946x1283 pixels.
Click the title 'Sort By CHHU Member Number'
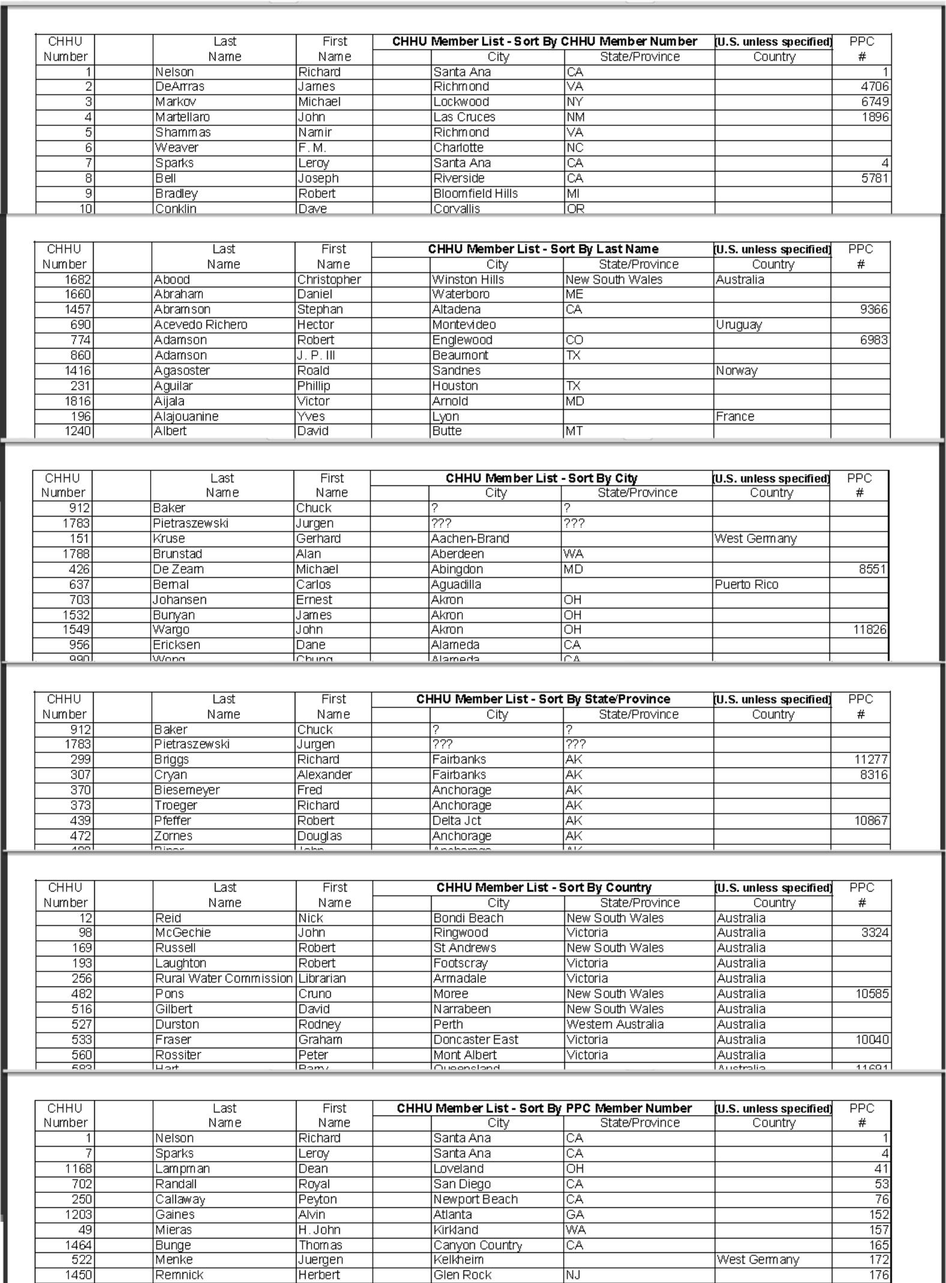[544, 41]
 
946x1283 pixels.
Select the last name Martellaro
[182, 117]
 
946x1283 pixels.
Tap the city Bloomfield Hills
[475, 193]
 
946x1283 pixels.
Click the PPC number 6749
[875, 102]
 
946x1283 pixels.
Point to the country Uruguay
[739, 325]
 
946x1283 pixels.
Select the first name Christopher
[329, 280]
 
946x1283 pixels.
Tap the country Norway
[737, 371]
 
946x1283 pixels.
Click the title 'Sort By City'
[541, 478]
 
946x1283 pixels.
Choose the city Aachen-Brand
[470, 538]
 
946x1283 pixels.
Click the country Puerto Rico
[746, 584]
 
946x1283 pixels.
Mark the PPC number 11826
[869, 629]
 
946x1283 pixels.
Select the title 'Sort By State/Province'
[543, 699]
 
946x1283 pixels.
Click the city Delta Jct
[457, 820]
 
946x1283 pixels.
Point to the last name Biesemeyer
[187, 790]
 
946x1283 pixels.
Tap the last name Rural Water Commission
[224, 978]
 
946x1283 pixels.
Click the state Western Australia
[615, 1024]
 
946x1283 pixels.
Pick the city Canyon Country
[478, 1245]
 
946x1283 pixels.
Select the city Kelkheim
[459, 1260]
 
